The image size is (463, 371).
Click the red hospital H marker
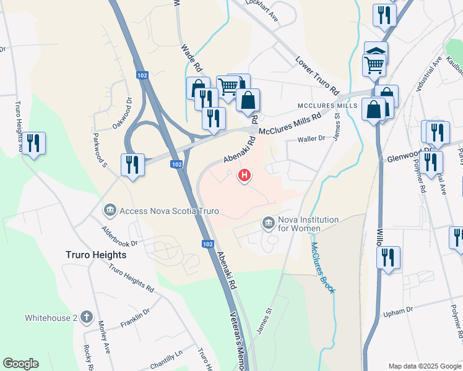coord(244,176)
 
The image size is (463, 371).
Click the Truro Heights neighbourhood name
coord(96,254)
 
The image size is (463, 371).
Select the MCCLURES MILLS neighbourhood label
coord(327,106)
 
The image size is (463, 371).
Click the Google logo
coord(20,364)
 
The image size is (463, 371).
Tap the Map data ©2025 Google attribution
coord(425,365)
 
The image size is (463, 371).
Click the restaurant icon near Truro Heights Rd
coord(33,143)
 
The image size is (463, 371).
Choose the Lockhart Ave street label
coord(262,12)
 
